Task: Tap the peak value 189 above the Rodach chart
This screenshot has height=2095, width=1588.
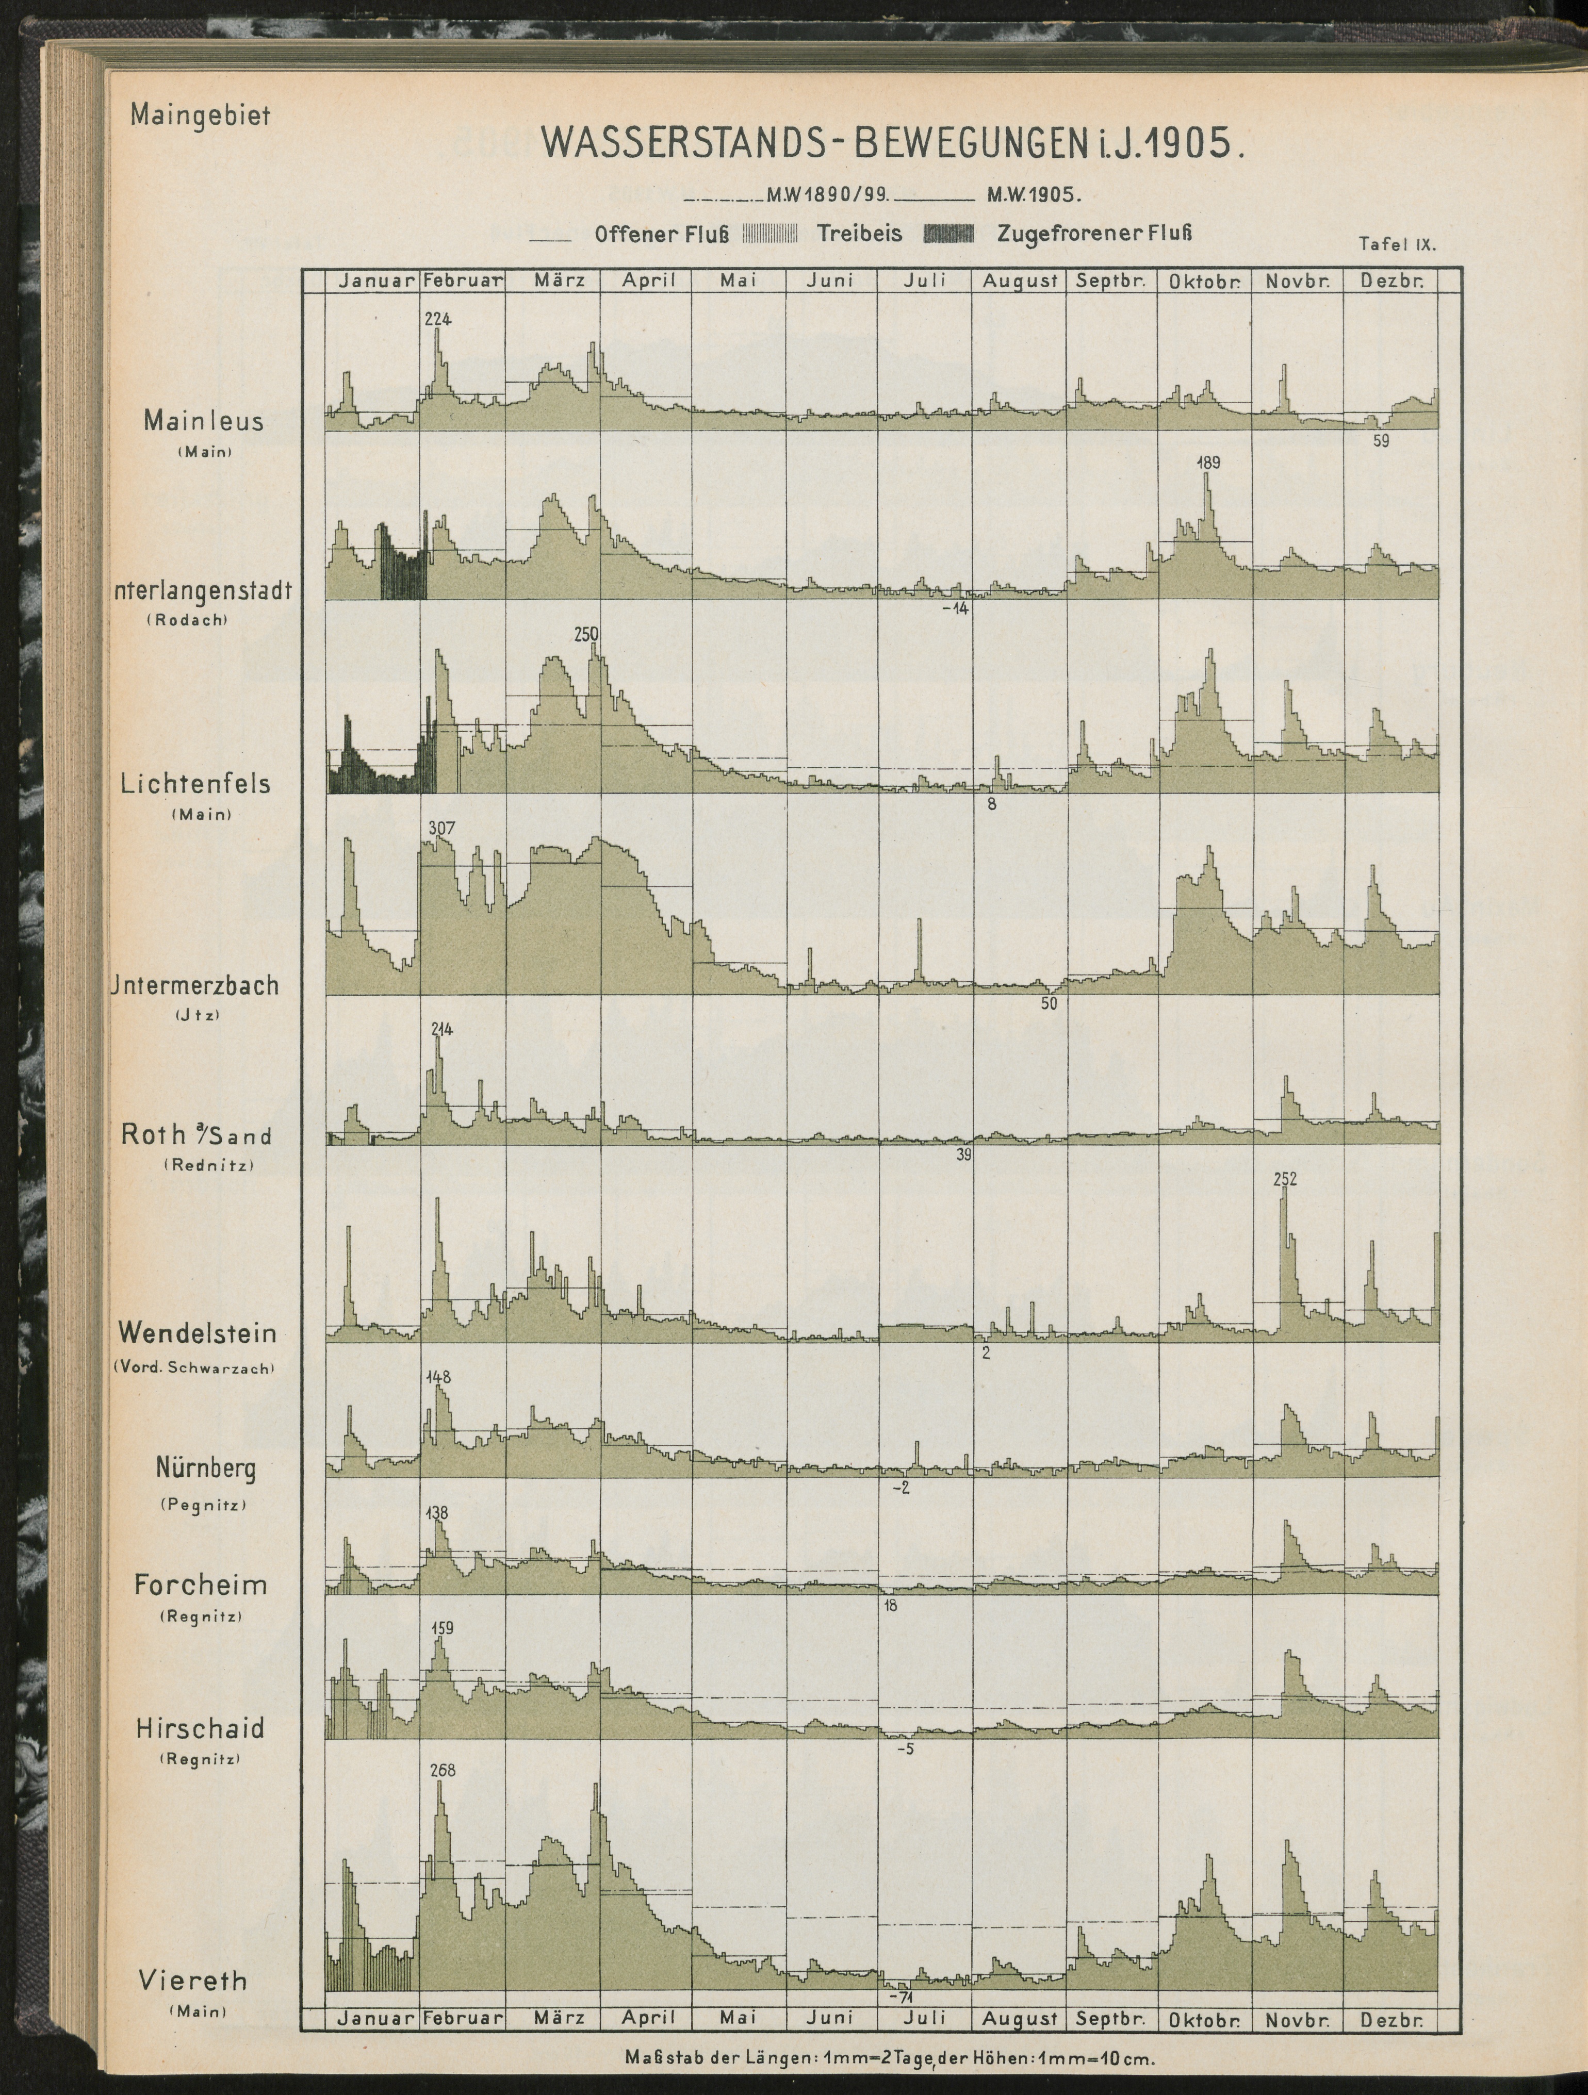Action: click(x=1209, y=463)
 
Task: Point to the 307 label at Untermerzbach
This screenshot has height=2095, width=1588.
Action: click(x=441, y=828)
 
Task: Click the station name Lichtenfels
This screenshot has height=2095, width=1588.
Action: click(x=195, y=784)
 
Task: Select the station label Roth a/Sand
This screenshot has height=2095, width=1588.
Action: click(x=196, y=1134)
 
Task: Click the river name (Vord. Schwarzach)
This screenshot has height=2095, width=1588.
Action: click(x=195, y=1367)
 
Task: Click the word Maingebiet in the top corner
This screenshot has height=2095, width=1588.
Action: click(x=201, y=116)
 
